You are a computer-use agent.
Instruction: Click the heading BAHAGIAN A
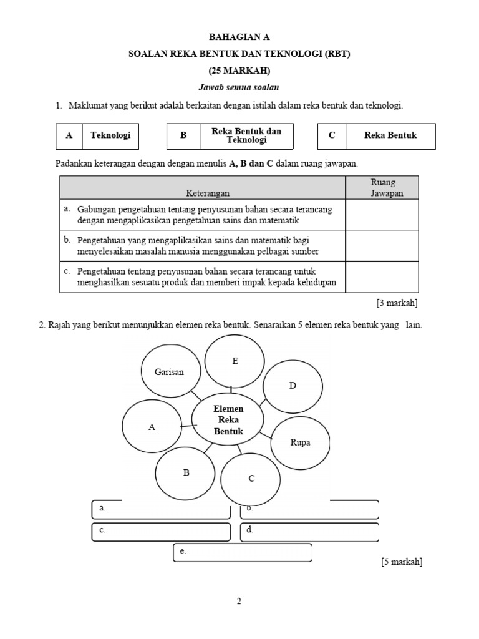click(x=239, y=37)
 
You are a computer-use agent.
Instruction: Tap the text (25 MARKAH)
click(x=239, y=71)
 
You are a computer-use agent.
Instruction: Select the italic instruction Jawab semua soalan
click(x=239, y=87)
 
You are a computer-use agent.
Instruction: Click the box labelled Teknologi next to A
click(x=110, y=136)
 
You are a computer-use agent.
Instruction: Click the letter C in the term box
click(x=331, y=136)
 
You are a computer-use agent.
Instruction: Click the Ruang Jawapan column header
click(x=382, y=188)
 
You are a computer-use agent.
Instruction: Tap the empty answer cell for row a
click(x=382, y=215)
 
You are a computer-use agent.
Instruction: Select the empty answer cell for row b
click(x=382, y=245)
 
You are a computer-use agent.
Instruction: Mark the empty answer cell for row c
click(x=382, y=277)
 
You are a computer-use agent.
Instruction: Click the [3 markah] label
click(x=397, y=303)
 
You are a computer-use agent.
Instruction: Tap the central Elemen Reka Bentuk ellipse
click(x=228, y=419)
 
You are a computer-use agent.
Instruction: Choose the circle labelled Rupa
click(x=300, y=443)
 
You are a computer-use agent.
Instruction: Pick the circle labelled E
click(x=235, y=361)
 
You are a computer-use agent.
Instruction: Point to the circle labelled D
click(x=292, y=386)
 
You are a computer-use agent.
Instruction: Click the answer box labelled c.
click(x=161, y=532)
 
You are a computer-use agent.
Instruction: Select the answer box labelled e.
click(x=242, y=553)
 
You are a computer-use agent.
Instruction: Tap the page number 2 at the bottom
click(x=239, y=602)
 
